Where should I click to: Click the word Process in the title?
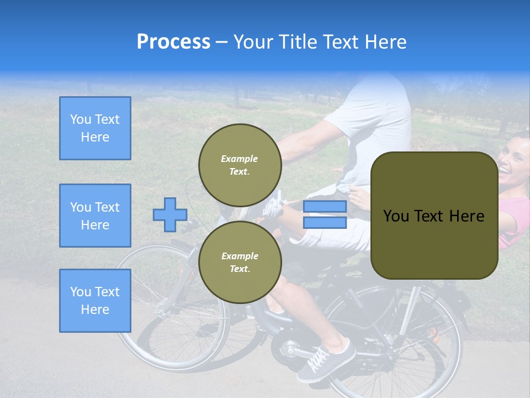(x=173, y=42)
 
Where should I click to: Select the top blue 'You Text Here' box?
(x=95, y=128)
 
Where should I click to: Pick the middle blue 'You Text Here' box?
(x=95, y=216)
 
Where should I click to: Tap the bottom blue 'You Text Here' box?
(x=95, y=300)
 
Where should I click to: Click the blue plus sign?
(x=169, y=214)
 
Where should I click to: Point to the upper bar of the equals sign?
(x=325, y=207)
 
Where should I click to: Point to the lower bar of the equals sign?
(x=325, y=222)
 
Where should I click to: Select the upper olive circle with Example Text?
(x=240, y=165)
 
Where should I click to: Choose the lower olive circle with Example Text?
(x=240, y=263)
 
